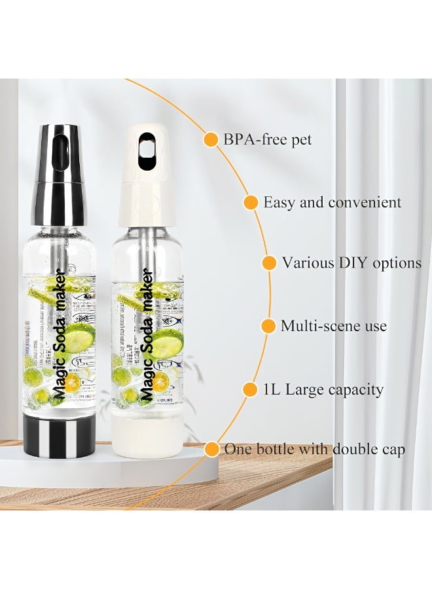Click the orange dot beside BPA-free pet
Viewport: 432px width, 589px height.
211,139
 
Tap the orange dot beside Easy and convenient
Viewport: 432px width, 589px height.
251,202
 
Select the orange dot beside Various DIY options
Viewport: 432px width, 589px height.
269,263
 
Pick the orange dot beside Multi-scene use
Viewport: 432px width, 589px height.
268,326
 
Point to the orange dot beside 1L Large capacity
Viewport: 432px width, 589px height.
249,390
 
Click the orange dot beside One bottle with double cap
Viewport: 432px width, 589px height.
211,450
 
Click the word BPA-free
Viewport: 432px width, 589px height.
251,139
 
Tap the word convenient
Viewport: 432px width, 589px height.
365,202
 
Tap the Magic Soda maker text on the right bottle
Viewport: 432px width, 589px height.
148,334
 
